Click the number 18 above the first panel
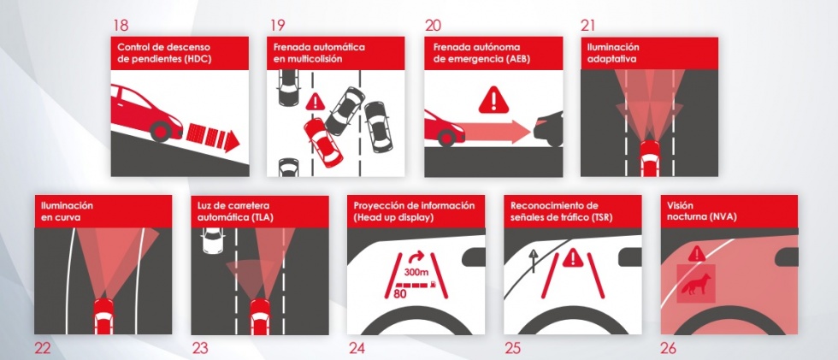[x=121, y=25]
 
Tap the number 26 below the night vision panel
[x=668, y=349]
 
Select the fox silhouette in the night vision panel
[x=696, y=284]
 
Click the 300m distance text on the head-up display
[x=416, y=272]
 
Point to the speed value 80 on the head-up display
[x=400, y=292]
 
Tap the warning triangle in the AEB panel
[x=493, y=100]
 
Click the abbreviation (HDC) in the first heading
[x=197, y=59]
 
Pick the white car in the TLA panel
[x=213, y=239]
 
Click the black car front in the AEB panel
[x=547, y=128]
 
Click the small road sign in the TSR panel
[x=533, y=260]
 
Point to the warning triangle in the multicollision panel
[x=316, y=102]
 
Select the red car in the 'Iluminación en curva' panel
[x=103, y=316]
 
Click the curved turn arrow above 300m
[x=417, y=257]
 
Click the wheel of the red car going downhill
[x=160, y=131]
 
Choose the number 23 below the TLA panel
[x=200, y=349]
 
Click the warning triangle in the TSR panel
[x=573, y=257]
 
